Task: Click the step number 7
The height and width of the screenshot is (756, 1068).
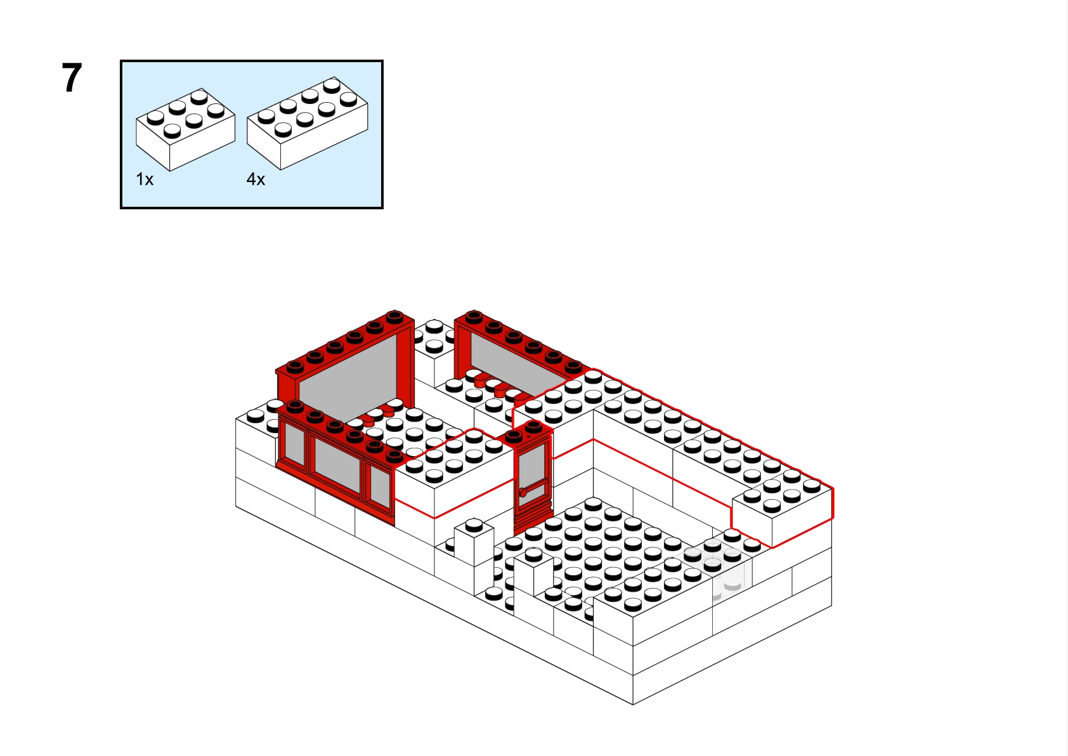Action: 72,79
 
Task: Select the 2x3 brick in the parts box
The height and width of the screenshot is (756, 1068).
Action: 185,129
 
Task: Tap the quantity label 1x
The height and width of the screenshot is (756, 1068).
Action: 145,179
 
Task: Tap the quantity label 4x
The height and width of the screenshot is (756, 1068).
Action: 256,179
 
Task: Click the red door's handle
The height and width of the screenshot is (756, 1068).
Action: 523,492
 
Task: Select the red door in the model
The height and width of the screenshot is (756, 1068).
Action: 533,482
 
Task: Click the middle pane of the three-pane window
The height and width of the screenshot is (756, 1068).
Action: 337,466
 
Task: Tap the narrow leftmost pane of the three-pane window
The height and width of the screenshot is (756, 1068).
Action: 294,445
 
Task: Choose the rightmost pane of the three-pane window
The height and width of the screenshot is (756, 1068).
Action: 380,488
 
